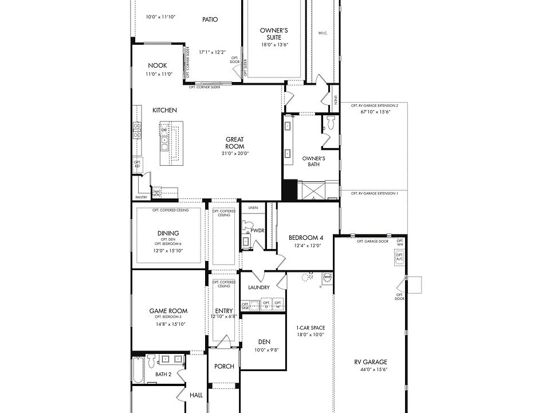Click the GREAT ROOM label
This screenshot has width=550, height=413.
(x=234, y=143)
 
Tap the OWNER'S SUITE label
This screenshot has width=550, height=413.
(x=274, y=34)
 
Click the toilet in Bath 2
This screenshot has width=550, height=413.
(x=151, y=361)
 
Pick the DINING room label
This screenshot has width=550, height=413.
(x=168, y=233)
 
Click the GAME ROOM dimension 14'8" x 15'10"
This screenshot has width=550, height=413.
(x=168, y=324)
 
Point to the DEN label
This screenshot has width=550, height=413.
(x=264, y=342)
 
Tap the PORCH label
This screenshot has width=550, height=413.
(x=224, y=367)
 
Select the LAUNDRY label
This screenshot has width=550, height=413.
(x=259, y=287)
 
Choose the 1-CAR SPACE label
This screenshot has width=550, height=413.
(x=311, y=328)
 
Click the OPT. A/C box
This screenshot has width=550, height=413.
(x=400, y=259)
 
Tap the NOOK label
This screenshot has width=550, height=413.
(x=157, y=65)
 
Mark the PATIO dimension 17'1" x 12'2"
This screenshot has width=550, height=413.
(x=211, y=52)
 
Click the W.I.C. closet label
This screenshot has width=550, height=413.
(x=323, y=33)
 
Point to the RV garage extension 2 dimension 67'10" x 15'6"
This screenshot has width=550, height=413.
(x=375, y=112)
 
